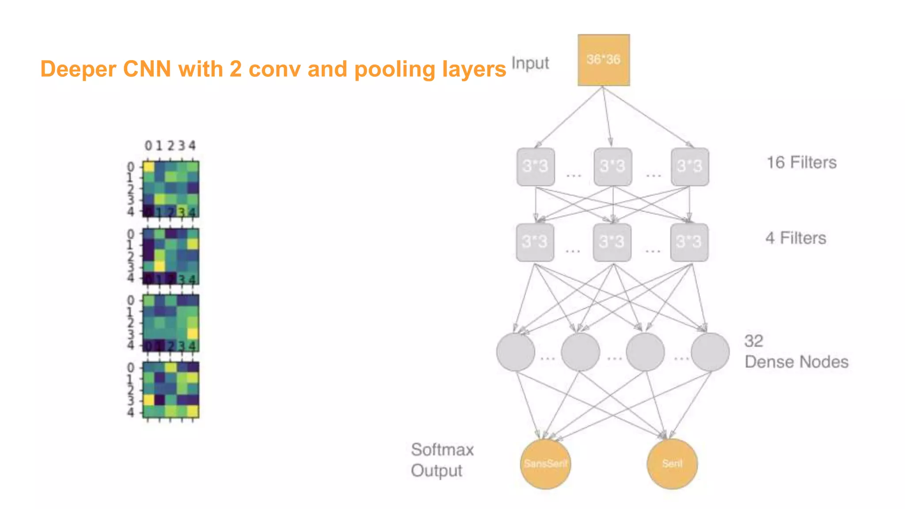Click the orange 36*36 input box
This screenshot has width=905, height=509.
604,60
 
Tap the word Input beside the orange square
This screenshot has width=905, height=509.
530,63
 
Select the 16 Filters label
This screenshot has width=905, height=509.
801,163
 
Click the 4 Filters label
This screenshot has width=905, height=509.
795,238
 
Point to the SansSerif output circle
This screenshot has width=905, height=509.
545,463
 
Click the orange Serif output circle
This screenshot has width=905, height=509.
672,463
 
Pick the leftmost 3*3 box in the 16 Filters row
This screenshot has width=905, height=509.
536,167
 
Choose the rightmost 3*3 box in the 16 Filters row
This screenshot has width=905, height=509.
690,167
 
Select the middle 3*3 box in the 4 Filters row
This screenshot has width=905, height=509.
612,242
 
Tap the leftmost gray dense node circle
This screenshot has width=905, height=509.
515,352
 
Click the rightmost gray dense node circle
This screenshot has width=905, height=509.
710,352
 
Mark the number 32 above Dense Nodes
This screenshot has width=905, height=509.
753,341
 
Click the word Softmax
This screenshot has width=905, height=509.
442,450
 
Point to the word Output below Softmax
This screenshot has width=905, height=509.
436,471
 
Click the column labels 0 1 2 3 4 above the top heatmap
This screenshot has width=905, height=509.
170,145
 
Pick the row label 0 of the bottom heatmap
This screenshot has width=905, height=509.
130,368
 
